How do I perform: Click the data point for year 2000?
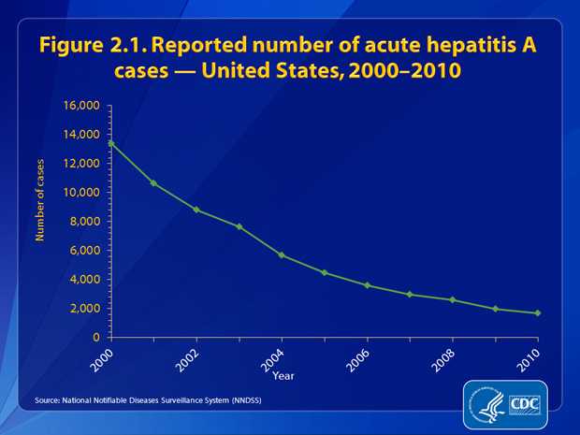111,143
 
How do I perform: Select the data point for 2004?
283,254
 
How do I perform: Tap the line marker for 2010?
539,313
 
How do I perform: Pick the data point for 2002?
196,210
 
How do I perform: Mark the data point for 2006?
368,285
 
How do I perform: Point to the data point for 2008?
453,299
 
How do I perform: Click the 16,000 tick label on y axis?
81,105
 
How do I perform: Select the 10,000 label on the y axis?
81,192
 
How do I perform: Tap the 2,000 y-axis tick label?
85,308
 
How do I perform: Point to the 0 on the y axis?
97,337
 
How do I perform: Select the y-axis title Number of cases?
40,199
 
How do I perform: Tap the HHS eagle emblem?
486,405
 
